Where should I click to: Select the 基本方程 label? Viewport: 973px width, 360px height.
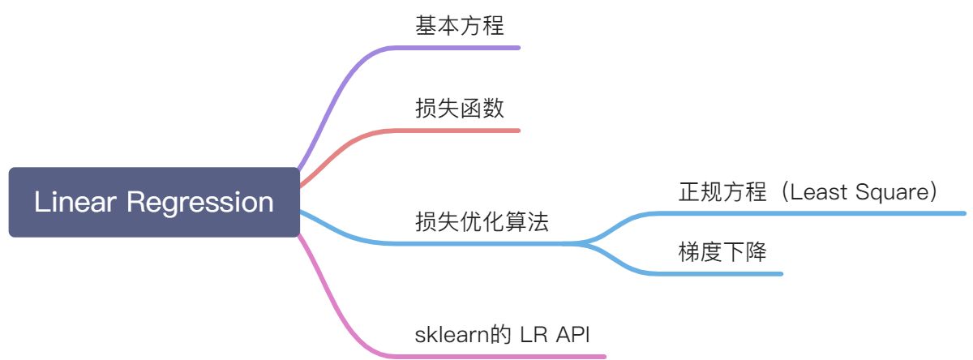pos(460,26)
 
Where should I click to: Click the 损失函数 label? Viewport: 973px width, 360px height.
pos(460,108)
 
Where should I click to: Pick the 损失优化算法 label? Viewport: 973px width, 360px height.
pos(482,221)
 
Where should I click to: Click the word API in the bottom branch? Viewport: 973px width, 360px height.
pos(578,334)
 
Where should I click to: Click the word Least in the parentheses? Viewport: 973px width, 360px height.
pos(820,192)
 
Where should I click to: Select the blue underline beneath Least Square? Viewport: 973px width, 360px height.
pos(851,213)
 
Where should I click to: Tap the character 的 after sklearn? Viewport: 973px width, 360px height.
pos(503,334)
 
